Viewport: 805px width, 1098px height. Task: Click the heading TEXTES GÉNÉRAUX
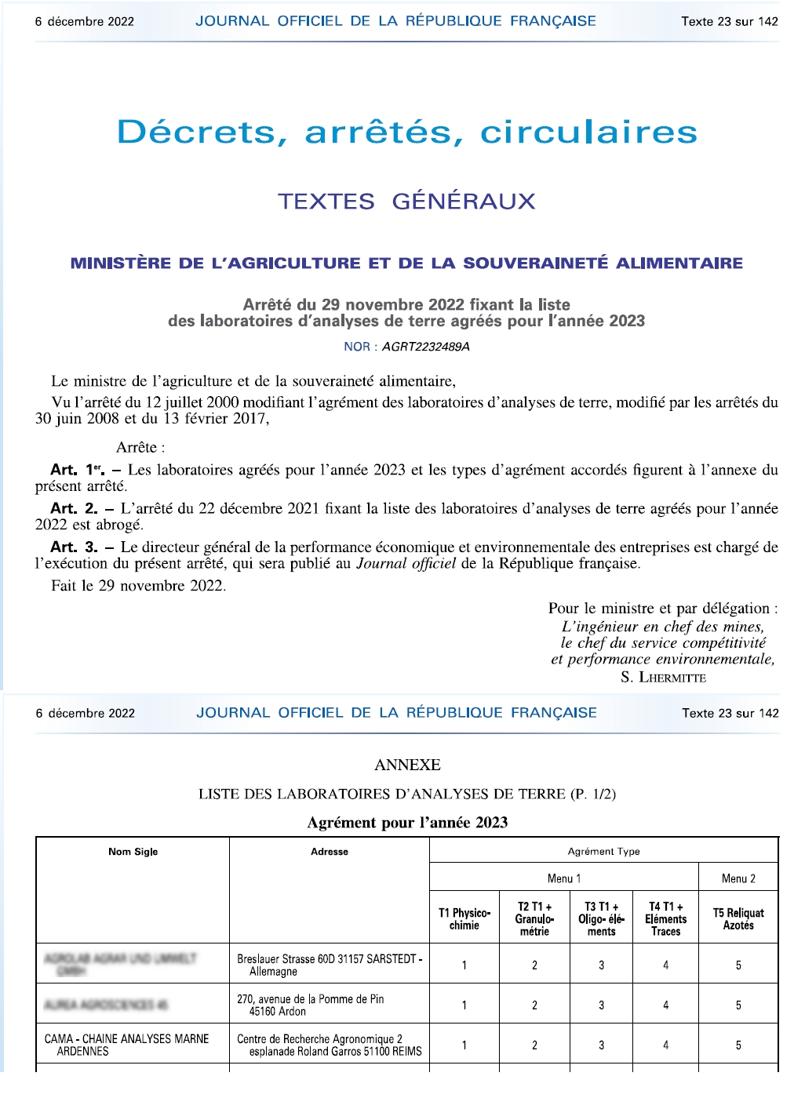(406, 202)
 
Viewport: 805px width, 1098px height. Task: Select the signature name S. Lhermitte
(663, 677)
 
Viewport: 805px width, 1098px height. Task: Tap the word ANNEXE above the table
(407, 765)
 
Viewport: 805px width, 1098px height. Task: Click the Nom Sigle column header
(133, 852)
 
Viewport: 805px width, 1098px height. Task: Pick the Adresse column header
(330, 852)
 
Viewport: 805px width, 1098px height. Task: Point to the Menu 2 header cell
(738, 878)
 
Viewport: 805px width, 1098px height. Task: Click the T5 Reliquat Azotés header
(738, 918)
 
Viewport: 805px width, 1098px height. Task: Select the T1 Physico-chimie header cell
(464, 918)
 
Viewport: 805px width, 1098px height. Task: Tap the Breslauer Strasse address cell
(330, 965)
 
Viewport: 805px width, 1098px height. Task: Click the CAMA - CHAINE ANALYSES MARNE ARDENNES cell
(126, 1045)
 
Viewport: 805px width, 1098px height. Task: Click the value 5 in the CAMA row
(738, 1045)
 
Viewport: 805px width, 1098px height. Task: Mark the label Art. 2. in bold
(74, 508)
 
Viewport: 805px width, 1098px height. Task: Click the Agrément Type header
(603, 852)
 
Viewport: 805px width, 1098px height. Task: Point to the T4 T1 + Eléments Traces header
(665, 918)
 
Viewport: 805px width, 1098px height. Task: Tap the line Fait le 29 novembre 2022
(139, 586)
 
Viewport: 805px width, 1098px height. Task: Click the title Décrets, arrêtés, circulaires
(406, 132)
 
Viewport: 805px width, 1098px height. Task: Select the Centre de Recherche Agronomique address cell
(330, 1045)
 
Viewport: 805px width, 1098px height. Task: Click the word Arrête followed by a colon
(140, 448)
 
